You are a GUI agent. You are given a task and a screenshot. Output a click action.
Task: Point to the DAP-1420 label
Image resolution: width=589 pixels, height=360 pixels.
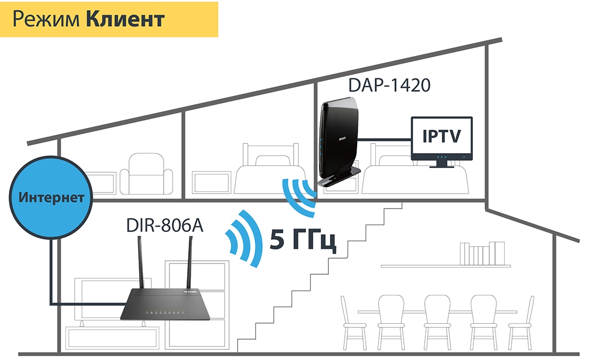(389, 85)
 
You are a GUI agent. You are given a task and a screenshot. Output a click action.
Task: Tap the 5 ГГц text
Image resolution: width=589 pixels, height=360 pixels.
(302, 241)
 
